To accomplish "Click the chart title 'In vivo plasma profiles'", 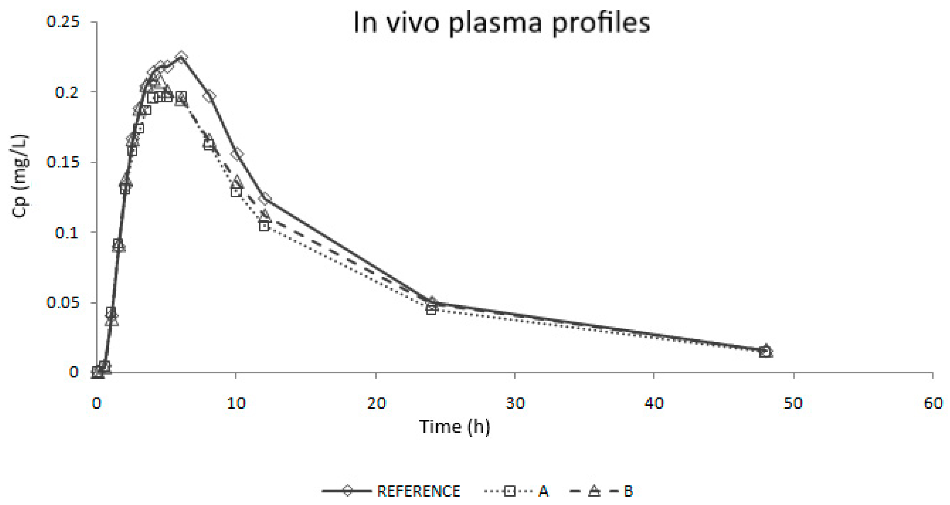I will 502,23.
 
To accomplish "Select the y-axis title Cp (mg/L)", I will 20,176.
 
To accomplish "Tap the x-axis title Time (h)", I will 454,427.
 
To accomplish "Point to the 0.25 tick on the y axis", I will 63,22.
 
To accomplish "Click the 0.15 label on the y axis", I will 63,162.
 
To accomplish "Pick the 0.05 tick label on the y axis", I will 63,302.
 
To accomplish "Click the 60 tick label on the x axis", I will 933,403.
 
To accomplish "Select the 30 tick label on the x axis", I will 515,403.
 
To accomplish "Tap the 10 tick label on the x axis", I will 236,403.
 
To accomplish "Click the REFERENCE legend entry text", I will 419,491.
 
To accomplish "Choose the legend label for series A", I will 543,491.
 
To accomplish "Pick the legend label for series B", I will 628,491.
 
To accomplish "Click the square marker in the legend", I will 509,491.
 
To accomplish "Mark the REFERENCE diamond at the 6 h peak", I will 181,57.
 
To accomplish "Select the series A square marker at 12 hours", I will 264,226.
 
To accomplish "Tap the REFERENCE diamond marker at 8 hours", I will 209,97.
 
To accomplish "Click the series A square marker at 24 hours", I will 431,310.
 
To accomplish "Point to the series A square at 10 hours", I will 236,192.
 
